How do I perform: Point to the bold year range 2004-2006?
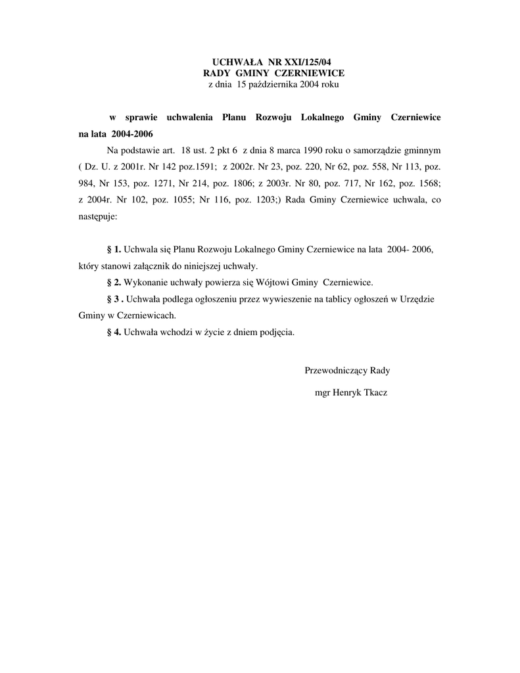pyautogui.click(x=132, y=133)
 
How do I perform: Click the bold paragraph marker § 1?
pyautogui.click(x=114, y=250)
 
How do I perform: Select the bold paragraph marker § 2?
pyautogui.click(x=114, y=283)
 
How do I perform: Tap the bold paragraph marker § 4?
pyautogui.click(x=114, y=332)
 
